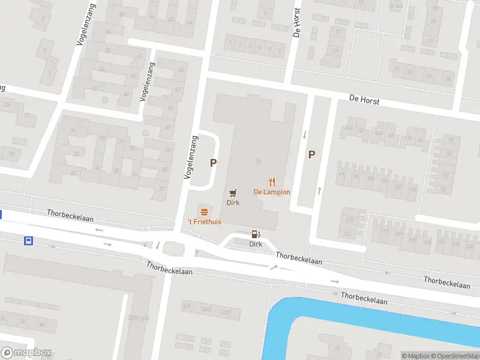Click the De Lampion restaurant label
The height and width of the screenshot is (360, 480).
(272, 192)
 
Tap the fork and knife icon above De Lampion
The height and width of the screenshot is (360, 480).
(272, 181)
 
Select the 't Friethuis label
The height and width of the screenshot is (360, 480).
(205, 222)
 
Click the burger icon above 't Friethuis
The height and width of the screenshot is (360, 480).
(205, 211)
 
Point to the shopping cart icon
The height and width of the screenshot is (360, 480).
(233, 193)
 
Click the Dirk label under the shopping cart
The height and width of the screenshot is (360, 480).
(233, 203)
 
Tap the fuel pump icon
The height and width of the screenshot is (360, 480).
(256, 234)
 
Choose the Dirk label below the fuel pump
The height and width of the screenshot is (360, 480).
(256, 244)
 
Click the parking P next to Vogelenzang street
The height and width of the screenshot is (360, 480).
(213, 163)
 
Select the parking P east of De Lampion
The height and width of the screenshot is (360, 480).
(311, 154)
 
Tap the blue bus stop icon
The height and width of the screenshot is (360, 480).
(28, 241)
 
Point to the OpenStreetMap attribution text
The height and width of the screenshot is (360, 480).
(454, 356)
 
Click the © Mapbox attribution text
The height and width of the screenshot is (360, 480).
(415, 356)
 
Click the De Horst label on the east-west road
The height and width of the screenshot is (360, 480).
(364, 100)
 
